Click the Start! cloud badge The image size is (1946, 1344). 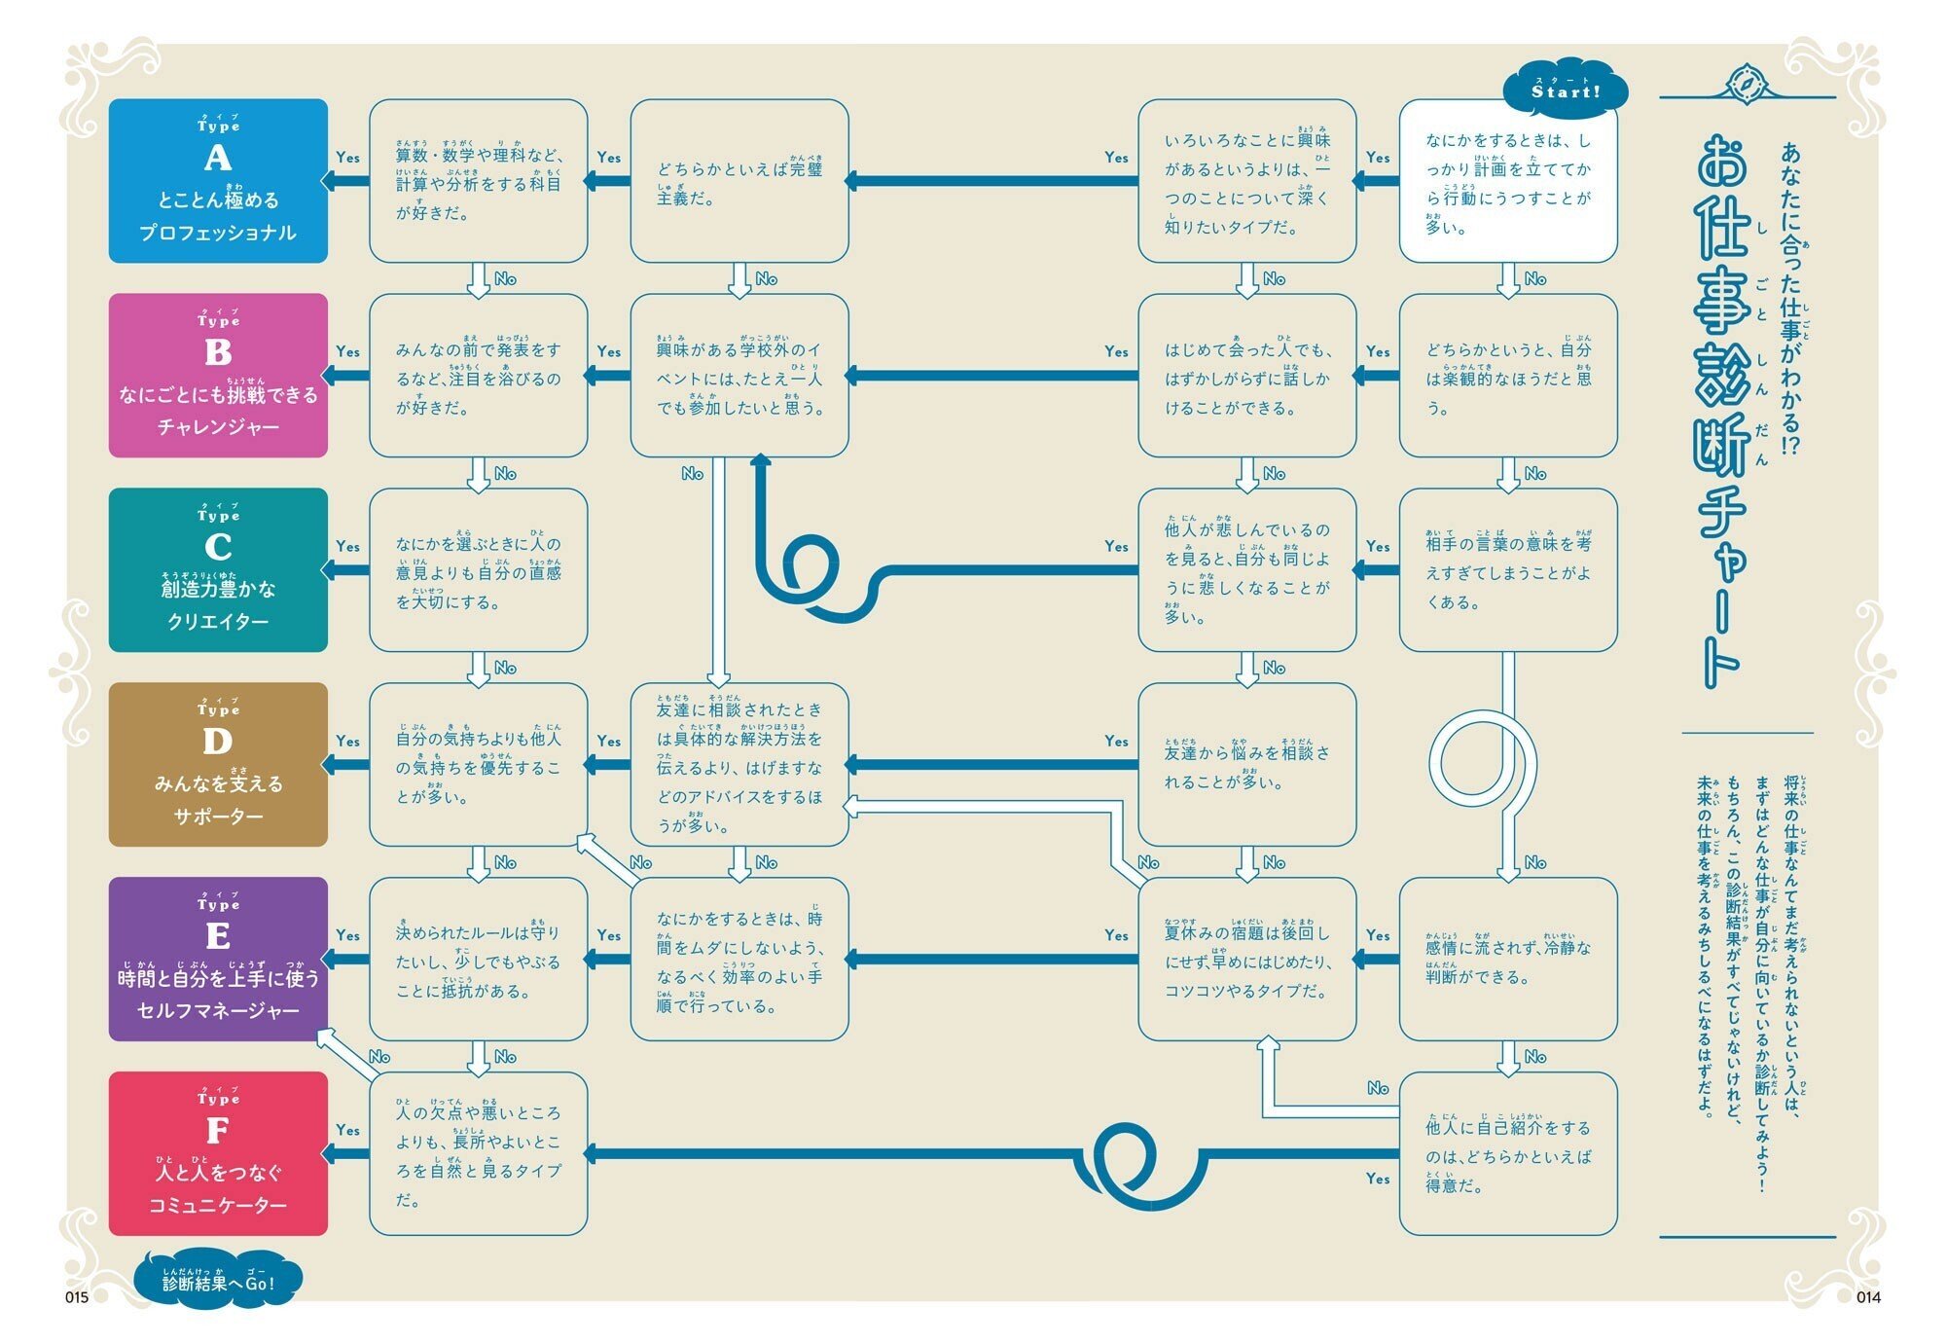tap(1566, 91)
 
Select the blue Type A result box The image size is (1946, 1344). tap(218, 181)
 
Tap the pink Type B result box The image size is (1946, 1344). tap(218, 376)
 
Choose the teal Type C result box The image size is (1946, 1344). tap(218, 570)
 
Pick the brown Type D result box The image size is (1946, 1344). tap(218, 765)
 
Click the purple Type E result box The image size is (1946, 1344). tap(218, 960)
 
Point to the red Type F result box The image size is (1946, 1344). tap(218, 1154)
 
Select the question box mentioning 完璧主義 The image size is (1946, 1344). tap(739, 181)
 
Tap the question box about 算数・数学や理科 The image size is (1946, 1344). tap(478, 181)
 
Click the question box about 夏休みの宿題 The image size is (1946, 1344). tap(1247, 960)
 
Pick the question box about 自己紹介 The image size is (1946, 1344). tap(1508, 1154)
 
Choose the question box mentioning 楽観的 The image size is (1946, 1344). tap(1508, 376)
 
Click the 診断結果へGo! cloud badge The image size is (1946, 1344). tap(218, 1282)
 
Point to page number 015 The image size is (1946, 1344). tap(77, 1297)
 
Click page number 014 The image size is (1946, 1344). tap(1868, 1297)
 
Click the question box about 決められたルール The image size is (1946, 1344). tap(478, 960)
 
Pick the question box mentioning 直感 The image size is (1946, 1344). tap(478, 570)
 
